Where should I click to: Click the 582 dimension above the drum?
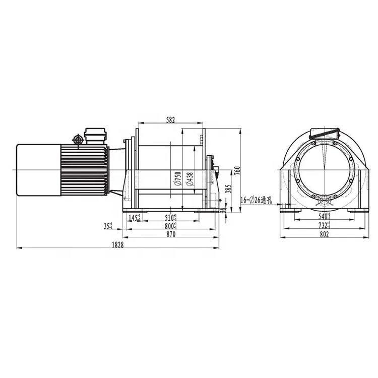[170, 119]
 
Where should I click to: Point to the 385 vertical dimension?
[228, 189]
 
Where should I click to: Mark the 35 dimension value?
[108, 227]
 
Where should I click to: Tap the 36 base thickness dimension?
[225, 211]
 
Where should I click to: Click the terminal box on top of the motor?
[95, 136]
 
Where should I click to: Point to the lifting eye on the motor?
[79, 139]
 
